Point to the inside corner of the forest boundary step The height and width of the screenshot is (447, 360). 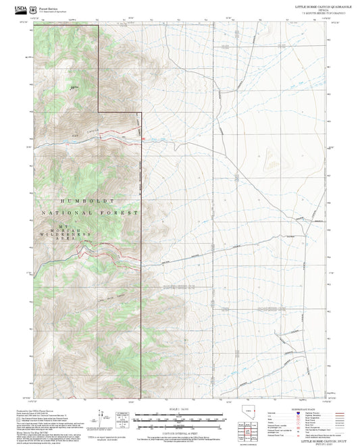(99, 111)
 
